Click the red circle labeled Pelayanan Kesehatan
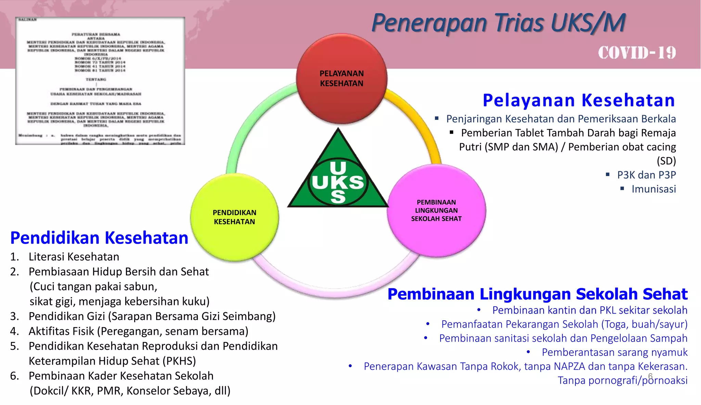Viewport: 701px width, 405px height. point(342,78)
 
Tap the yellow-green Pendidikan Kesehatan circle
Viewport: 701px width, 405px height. point(234,217)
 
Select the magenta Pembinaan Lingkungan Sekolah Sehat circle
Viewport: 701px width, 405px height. point(436,210)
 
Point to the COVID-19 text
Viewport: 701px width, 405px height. point(637,53)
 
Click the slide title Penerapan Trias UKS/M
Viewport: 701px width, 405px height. point(498,23)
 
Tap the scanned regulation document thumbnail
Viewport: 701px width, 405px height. point(100,81)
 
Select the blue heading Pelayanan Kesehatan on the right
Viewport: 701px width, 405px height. point(578,100)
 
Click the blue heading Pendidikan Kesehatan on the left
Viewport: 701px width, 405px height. point(99,238)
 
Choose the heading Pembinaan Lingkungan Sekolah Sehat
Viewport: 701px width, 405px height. point(537,294)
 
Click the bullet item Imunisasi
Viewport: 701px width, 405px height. point(653,189)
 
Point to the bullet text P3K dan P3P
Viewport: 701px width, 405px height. point(646,175)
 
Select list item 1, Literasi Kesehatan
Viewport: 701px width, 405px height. point(74,257)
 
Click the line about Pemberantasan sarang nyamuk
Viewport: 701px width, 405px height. point(614,352)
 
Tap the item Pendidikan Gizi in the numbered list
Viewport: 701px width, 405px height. point(152,316)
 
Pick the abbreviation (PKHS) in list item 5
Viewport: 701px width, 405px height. point(179,361)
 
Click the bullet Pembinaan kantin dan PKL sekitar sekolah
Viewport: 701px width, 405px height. point(589,310)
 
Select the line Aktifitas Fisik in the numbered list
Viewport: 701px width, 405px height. point(138,331)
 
